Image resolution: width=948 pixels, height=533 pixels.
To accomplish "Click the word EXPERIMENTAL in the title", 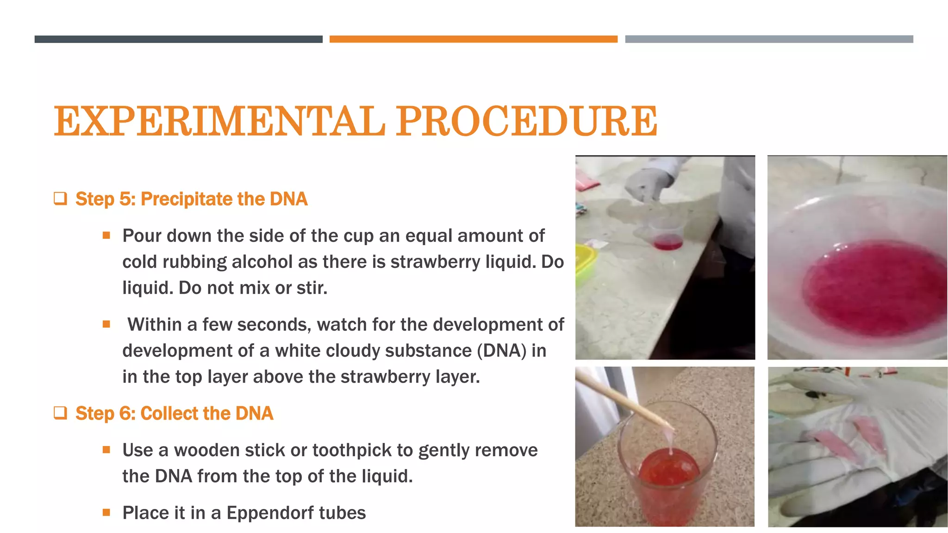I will (219, 121).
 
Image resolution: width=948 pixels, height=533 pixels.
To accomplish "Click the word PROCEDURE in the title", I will (526, 121).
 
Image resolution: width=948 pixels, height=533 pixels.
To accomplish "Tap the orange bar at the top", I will (473, 39).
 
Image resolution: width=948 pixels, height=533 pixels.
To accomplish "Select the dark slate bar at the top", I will (178, 39).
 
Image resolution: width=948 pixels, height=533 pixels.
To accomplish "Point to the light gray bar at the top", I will (769, 39).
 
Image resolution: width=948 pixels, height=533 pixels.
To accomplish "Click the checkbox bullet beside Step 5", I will (60, 199).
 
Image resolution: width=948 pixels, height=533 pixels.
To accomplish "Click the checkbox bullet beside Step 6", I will (60, 413).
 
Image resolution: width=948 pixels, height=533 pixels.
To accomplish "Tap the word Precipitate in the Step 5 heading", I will (187, 199).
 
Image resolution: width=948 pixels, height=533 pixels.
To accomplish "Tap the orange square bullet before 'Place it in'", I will (106, 512).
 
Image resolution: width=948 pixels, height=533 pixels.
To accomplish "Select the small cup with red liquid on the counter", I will (667, 236).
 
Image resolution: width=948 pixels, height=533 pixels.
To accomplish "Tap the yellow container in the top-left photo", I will (584, 264).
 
